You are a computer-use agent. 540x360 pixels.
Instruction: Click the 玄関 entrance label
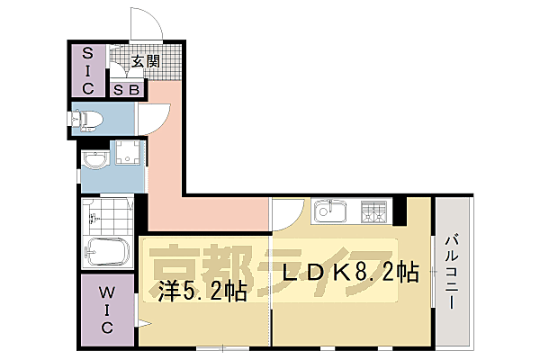point(146,62)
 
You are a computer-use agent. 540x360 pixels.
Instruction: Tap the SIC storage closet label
point(89,69)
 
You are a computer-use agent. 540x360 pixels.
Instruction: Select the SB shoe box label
point(124,90)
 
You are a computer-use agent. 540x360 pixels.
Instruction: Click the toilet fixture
point(91,118)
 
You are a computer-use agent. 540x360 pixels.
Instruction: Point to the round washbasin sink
point(94,159)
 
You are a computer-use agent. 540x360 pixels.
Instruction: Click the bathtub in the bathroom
point(108,252)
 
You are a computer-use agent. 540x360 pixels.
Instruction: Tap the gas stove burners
point(373,213)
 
